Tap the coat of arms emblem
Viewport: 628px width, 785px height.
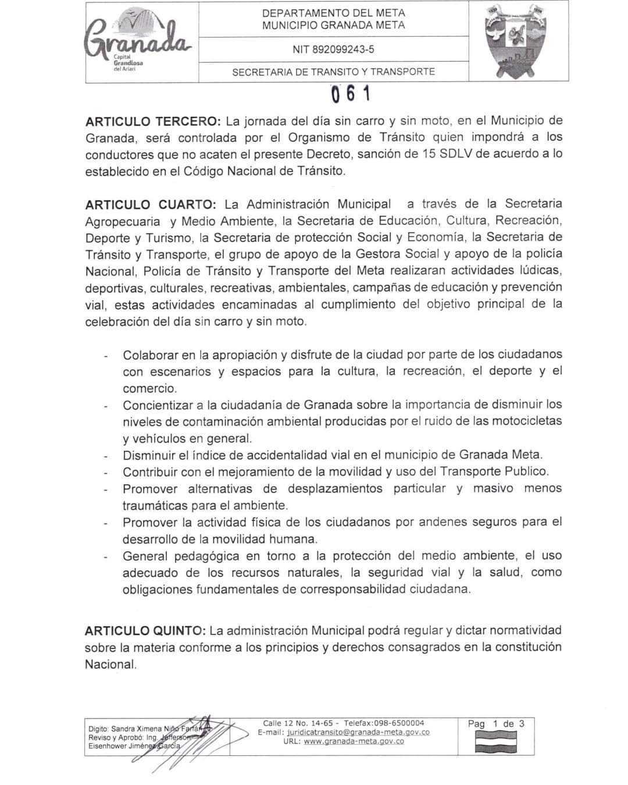(518, 41)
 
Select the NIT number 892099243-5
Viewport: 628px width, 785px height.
(333, 49)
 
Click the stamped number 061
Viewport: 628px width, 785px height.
(350, 94)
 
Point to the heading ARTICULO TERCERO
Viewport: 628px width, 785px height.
(153, 122)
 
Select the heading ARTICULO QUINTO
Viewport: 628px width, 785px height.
(145, 630)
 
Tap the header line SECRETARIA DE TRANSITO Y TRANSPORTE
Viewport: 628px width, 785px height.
(333, 72)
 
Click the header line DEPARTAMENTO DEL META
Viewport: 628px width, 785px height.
(333, 13)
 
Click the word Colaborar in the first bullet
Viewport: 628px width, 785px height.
(149, 355)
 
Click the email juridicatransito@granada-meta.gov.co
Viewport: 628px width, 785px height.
(358, 732)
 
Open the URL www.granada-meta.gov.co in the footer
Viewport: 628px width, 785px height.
(354, 741)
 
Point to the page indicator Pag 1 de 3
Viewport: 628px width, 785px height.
(496, 724)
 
